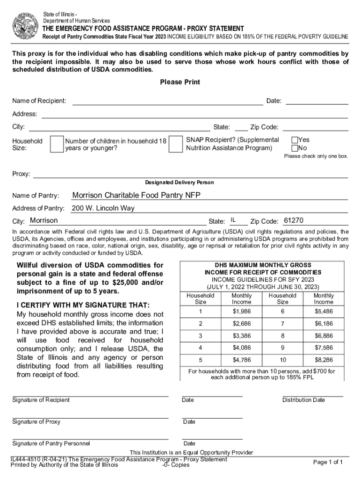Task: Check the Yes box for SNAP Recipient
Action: tap(295, 140)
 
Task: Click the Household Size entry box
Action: tap(57, 145)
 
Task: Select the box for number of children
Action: tap(175, 145)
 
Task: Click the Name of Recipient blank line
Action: tap(167, 101)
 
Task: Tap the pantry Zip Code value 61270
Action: tap(294, 220)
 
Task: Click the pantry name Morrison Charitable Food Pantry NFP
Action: tap(136, 195)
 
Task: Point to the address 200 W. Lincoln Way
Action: tap(103, 208)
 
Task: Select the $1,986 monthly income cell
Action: tap(242, 312)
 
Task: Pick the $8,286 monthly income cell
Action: tap(324, 360)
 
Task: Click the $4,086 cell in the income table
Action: tap(242, 348)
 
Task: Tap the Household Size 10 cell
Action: tap(282, 360)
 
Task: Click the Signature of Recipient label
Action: tap(41, 400)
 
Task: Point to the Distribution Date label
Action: tap(303, 400)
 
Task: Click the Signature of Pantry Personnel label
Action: tap(51, 443)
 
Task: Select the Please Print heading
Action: tap(180, 82)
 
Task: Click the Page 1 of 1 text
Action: tap(328, 462)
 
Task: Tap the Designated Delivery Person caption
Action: tap(180, 182)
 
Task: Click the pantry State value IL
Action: tap(233, 220)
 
